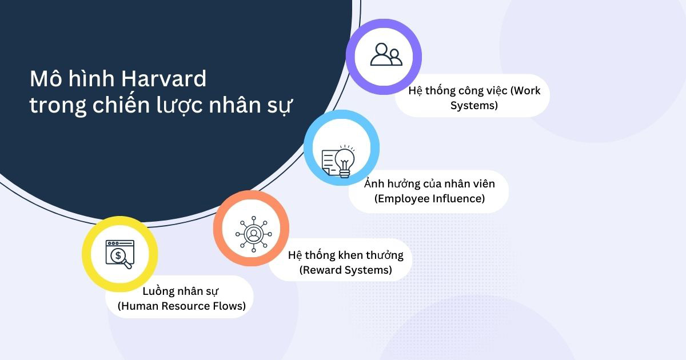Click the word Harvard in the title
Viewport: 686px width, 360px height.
tap(164, 79)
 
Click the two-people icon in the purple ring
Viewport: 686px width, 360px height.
tap(386, 54)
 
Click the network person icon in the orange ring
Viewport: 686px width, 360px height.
tap(254, 234)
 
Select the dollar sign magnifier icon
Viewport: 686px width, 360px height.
tap(119, 254)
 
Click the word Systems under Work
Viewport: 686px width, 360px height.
tap(474, 106)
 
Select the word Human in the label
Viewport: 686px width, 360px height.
tap(138, 306)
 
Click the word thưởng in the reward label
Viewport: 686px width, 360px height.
tap(385, 255)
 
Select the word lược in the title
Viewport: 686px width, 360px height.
tap(180, 105)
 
